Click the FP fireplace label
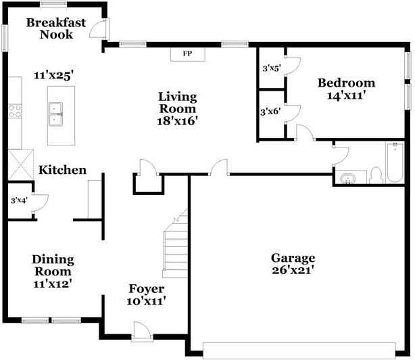coord(187,53)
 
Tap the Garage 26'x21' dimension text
coord(293,270)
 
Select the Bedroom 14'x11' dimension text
coord(347,95)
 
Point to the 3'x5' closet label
coord(272,68)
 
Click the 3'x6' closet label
coord(270,112)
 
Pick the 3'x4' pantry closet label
coord(19,200)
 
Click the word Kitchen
coord(62,170)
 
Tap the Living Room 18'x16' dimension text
coord(178,121)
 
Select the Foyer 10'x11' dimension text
coord(147,301)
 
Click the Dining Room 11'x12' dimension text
coord(53,284)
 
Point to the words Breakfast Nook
coord(56,28)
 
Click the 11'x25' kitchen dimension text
coord(53,75)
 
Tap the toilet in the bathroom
coord(376,175)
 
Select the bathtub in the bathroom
coord(395,162)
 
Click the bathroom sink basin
coord(348,178)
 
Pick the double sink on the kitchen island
coord(56,114)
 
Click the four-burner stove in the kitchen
coord(15,111)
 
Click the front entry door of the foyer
coord(142,331)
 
